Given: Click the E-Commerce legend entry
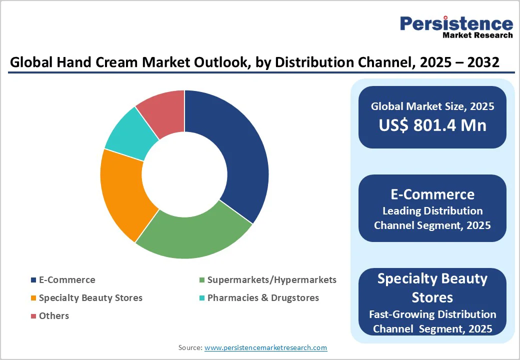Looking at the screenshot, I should tap(67, 280).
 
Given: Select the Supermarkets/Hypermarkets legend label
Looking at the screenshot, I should tap(271, 280).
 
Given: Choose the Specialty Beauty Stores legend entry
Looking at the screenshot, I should tap(90, 298).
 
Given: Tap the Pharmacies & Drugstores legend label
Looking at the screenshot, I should tap(263, 298).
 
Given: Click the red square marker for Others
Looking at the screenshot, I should tap(33, 316).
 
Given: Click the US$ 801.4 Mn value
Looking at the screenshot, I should tap(432, 125).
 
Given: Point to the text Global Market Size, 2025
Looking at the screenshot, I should tap(432, 106).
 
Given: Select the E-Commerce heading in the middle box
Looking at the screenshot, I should tap(432, 194).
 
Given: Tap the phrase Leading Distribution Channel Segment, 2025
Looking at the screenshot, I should tap(432, 218).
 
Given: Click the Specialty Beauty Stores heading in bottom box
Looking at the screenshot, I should tap(432, 288).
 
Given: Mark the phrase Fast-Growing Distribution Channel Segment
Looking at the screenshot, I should tap(432, 321).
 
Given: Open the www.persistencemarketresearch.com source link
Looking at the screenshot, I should tap(265, 347).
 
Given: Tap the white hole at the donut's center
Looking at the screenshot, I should tap(184, 174).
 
